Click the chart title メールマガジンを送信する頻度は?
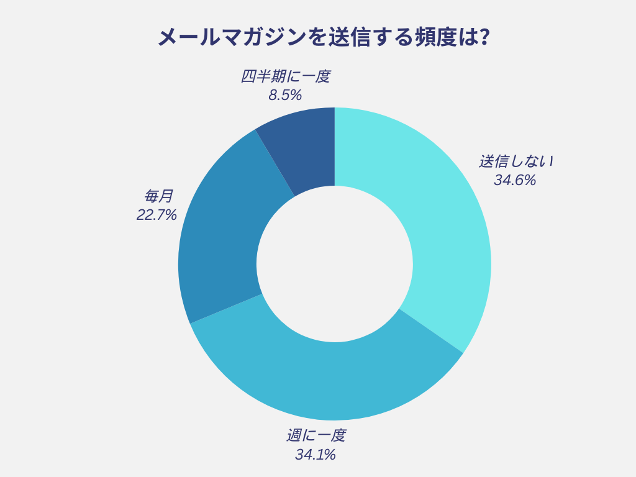tap(318, 38)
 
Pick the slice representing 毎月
tap(220, 242)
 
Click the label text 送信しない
tap(516, 161)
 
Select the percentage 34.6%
tap(515, 181)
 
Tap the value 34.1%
tap(316, 455)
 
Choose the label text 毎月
tap(158, 197)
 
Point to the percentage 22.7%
tap(157, 216)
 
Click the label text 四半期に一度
tap(285, 76)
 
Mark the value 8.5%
tap(285, 96)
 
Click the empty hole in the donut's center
tap(335, 263)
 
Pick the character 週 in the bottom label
tap(293, 435)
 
